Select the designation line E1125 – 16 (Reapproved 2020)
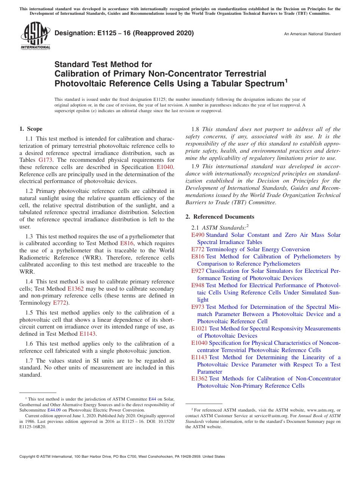[x=124, y=33]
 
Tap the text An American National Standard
[x=312, y=34]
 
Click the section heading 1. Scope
[x=31, y=129]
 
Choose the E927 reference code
[x=198, y=271]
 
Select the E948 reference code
[x=198, y=285]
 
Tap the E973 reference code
[x=198, y=307]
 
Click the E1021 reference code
[x=199, y=329]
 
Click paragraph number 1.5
[x=30, y=313]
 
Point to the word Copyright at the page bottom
[x=28, y=457]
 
